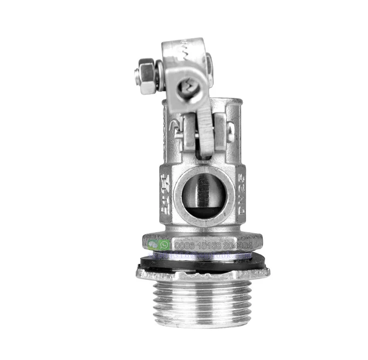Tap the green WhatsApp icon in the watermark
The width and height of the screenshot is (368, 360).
tap(164, 244)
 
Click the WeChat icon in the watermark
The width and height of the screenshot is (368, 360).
tap(152, 243)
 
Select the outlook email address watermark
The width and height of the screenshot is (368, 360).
tap(205, 256)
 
